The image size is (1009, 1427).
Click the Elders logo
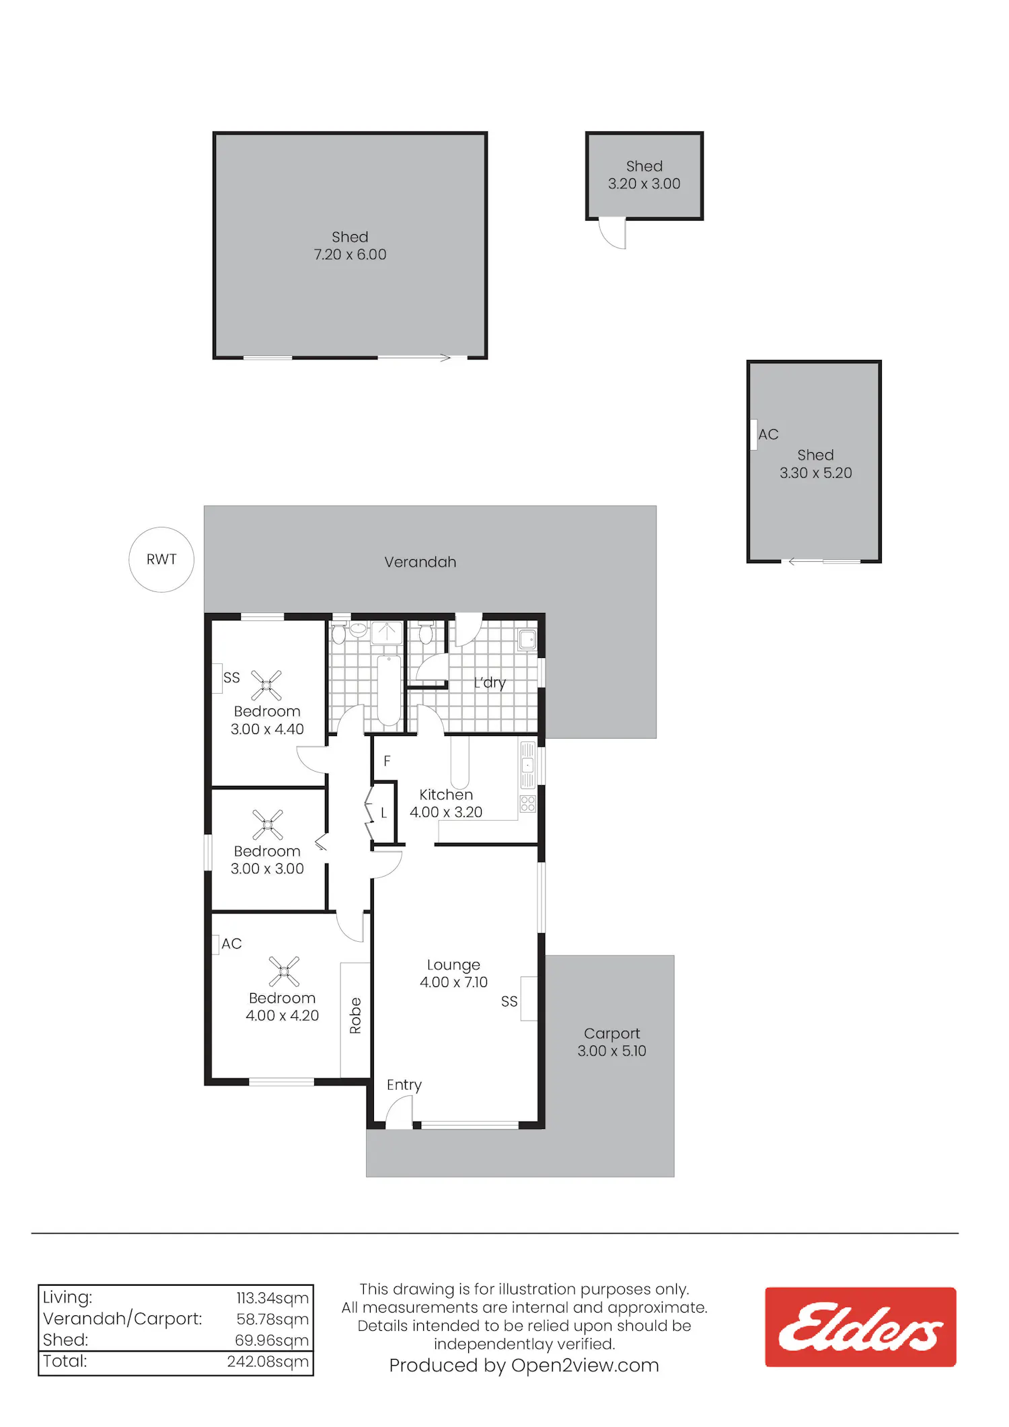[860, 1327]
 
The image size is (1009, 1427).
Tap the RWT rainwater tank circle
[161, 527]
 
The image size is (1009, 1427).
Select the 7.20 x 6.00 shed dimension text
[350, 254]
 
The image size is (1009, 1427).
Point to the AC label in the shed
[768, 435]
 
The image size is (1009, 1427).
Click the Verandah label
[420, 562]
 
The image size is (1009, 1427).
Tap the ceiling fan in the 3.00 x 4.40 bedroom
[266, 686]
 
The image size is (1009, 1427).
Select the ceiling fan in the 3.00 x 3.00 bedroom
[268, 825]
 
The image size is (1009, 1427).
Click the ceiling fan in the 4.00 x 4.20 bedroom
[284, 972]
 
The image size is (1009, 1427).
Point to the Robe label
[355, 1015]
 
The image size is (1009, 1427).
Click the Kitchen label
[446, 795]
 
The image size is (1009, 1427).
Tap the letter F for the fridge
[387, 761]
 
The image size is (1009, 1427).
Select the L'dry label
[490, 683]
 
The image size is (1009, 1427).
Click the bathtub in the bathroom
[389, 689]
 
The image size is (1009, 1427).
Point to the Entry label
[404, 1085]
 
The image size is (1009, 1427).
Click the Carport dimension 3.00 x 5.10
[611, 1051]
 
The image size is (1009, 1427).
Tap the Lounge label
[453, 965]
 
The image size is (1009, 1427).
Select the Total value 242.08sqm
[268, 1362]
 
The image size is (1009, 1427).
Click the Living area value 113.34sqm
[272, 1298]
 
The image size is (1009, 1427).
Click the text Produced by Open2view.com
[524, 1365]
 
